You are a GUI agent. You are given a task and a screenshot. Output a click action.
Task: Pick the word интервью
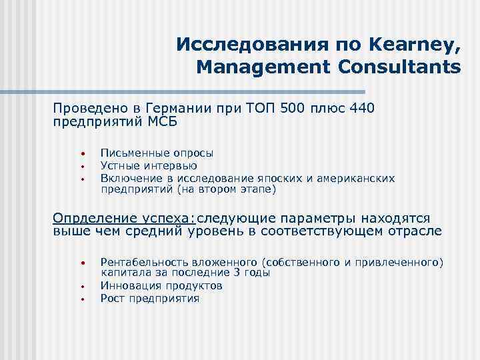pyautogui.click(x=169, y=165)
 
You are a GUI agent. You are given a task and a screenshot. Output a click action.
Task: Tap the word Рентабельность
pyautogui.click(x=141, y=262)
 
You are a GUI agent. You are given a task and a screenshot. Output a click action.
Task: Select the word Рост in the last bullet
pyautogui.click(x=111, y=298)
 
